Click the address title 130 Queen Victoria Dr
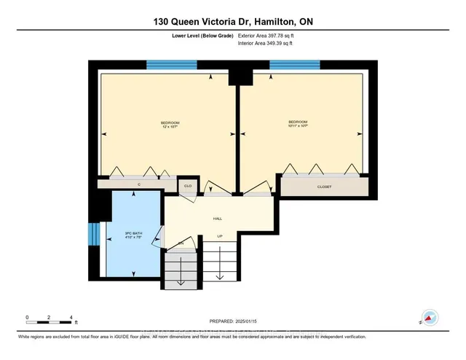point(232,22)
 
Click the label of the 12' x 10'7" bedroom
point(170,125)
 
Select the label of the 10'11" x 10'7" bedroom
point(298,125)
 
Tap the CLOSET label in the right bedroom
point(324,187)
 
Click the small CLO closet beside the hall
point(187,187)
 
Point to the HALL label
point(217,219)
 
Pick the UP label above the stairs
point(220,235)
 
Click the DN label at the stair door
point(181,243)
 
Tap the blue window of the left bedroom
point(167,64)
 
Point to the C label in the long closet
point(138,185)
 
